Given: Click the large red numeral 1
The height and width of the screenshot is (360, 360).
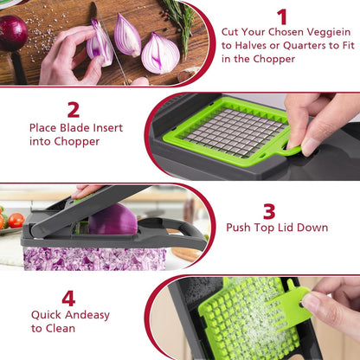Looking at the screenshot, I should pyautogui.click(x=282, y=17).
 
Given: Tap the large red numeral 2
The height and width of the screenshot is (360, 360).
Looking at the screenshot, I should pyautogui.click(x=74, y=110).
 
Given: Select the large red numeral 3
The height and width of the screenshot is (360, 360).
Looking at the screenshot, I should pyautogui.click(x=269, y=210).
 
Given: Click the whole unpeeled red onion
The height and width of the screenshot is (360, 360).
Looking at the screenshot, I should pyautogui.click(x=12, y=34).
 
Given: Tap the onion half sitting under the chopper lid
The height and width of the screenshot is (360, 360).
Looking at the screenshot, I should pyautogui.click(x=112, y=220).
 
